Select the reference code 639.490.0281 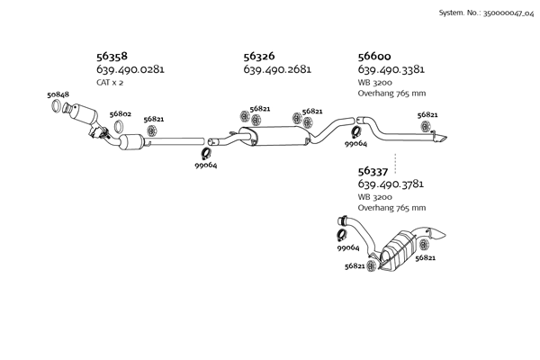130,69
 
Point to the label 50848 58,94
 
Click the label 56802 121,114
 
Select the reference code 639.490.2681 277,69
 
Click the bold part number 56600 375,56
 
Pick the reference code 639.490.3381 391,69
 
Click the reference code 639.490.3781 391,184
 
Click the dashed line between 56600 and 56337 370,157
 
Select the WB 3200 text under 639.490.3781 375,196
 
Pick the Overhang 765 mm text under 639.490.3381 391,93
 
